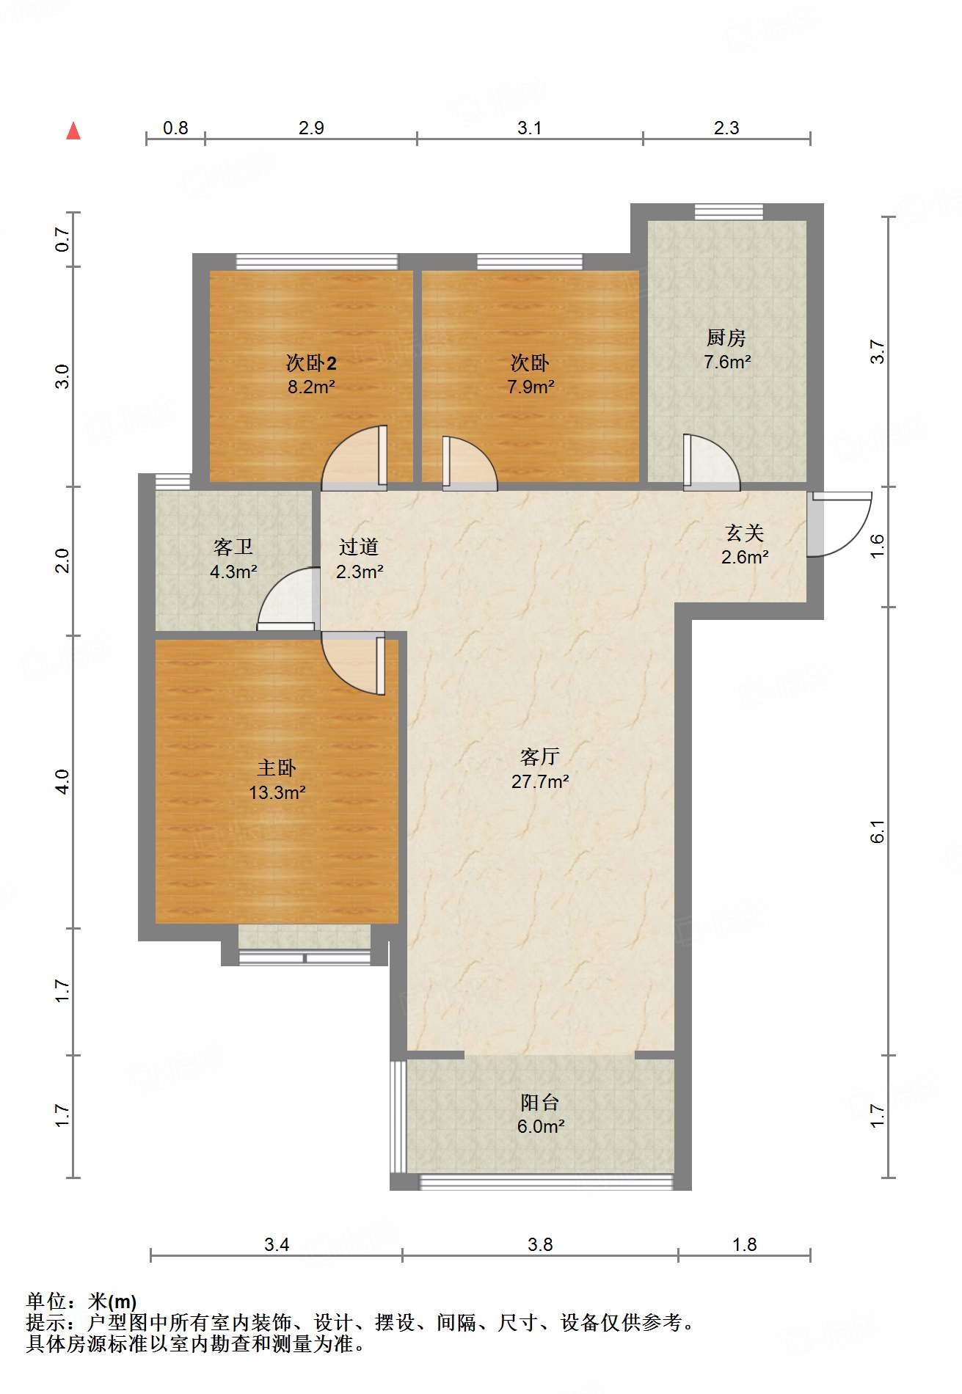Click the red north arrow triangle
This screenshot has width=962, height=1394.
[x=73, y=131]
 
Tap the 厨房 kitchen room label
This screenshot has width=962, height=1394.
[x=726, y=337]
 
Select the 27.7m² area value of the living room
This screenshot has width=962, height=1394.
[x=540, y=781]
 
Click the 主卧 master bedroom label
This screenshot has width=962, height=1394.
[x=277, y=767]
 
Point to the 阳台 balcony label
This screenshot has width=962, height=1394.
[x=540, y=1102]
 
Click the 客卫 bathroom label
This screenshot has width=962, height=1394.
[x=233, y=547]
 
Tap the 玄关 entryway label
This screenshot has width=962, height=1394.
[x=744, y=533]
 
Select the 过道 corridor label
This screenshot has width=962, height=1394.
[x=359, y=547]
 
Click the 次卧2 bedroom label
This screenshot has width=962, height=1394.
[x=311, y=362]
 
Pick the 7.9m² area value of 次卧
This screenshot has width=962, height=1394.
[x=531, y=387]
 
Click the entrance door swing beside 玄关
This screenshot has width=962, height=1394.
[x=840, y=525]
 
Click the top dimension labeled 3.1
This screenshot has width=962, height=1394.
[x=529, y=128]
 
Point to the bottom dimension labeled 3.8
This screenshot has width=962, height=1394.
[x=539, y=1244]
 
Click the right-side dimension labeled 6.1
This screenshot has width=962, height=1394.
[x=878, y=831]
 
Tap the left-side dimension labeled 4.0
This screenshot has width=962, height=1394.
[x=63, y=781]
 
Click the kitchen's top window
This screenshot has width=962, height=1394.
[x=729, y=212]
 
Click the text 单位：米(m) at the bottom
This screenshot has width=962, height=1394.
[x=81, y=1302]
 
